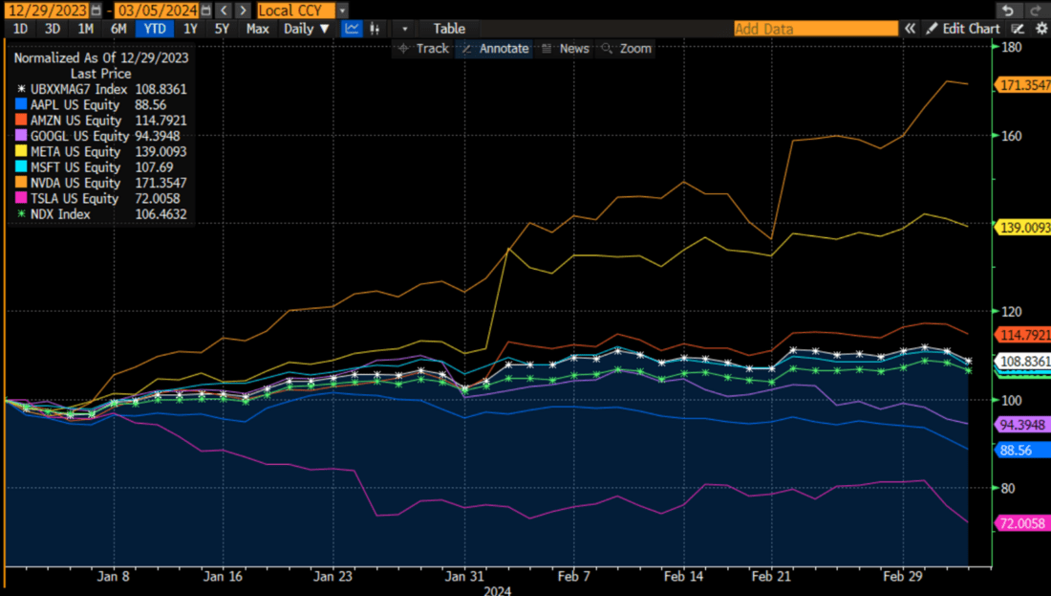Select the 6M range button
[118, 29]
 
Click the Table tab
[449, 29]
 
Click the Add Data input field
[815, 29]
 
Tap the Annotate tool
[495, 48]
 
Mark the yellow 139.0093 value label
[1024, 228]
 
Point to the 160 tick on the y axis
[1011, 136]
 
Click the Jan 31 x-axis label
[464, 577]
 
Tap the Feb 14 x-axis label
[683, 577]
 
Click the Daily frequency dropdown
[306, 29]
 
